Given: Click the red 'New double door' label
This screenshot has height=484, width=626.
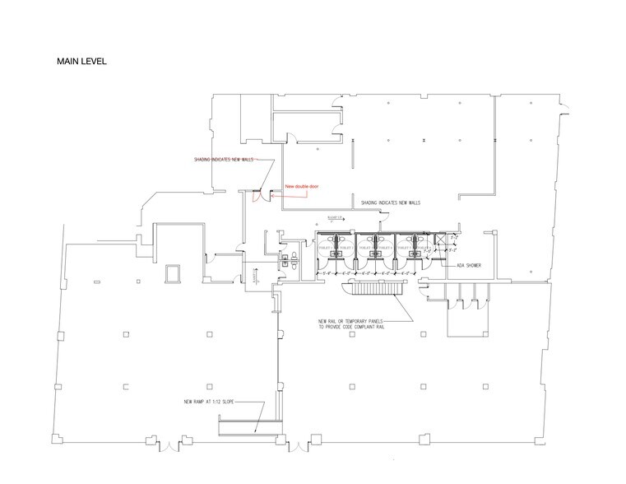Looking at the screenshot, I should (300, 186).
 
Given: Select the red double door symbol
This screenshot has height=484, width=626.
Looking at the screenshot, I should (257, 194).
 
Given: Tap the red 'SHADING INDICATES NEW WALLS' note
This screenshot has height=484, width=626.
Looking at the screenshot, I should (224, 159).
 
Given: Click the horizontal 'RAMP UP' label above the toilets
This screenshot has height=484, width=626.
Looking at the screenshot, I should (334, 216).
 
